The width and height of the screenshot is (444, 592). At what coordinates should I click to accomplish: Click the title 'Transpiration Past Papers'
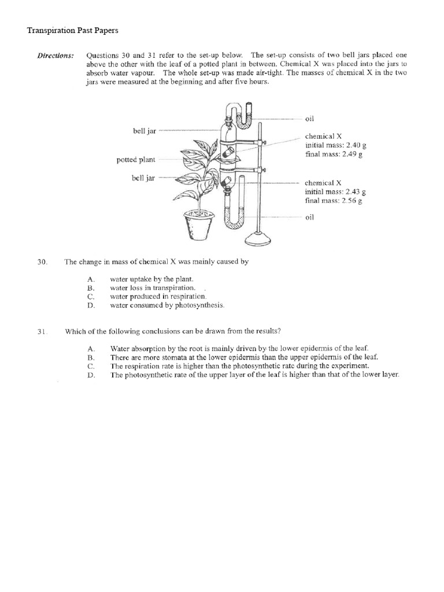click(x=72, y=30)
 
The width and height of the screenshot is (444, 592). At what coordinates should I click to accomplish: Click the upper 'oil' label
click(x=309, y=119)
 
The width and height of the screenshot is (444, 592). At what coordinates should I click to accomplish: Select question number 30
click(x=42, y=262)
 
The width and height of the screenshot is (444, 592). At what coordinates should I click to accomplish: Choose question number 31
click(x=42, y=331)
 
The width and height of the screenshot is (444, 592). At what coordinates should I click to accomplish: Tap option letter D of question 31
click(x=91, y=375)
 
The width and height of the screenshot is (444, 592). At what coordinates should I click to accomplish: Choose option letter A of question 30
click(x=90, y=279)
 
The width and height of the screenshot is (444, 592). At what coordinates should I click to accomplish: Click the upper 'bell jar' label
click(x=145, y=131)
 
